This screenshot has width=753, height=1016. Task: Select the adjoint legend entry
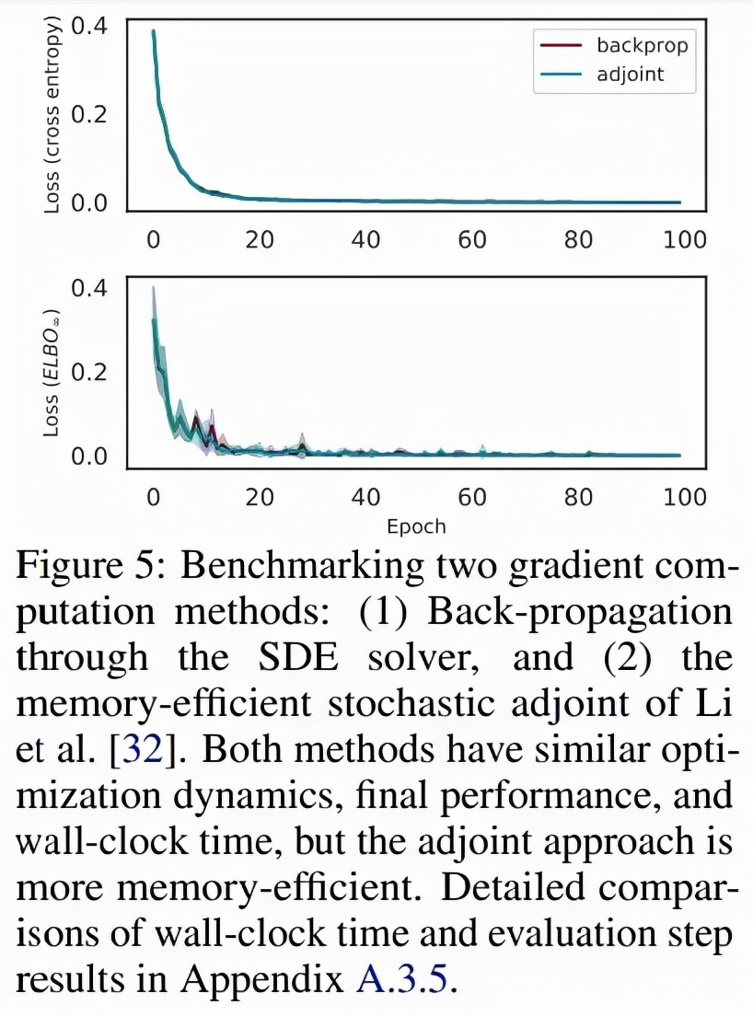coord(630,75)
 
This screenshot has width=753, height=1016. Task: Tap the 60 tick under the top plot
coord(472,240)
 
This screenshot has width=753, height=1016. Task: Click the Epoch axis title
coord(416,527)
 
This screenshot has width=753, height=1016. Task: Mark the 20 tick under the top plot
coord(260,240)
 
